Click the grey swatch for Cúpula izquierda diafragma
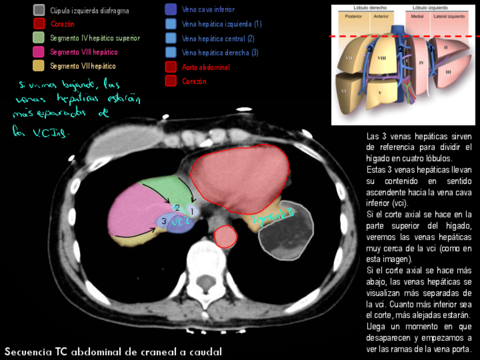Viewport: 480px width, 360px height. [x=39, y=10]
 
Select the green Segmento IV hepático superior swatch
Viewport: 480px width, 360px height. [x=39, y=38]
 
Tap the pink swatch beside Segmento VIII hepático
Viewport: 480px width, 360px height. [x=39, y=52]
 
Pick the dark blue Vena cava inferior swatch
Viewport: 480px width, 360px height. [x=171, y=9]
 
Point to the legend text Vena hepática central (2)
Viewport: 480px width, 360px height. [x=218, y=38]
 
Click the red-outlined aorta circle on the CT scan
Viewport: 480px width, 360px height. [x=226, y=236]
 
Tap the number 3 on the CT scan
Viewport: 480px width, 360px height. [x=164, y=221]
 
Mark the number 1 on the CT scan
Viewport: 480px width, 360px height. [x=192, y=211]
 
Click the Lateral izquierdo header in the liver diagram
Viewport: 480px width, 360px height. [x=449, y=16]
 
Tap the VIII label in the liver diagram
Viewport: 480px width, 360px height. [x=382, y=58]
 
